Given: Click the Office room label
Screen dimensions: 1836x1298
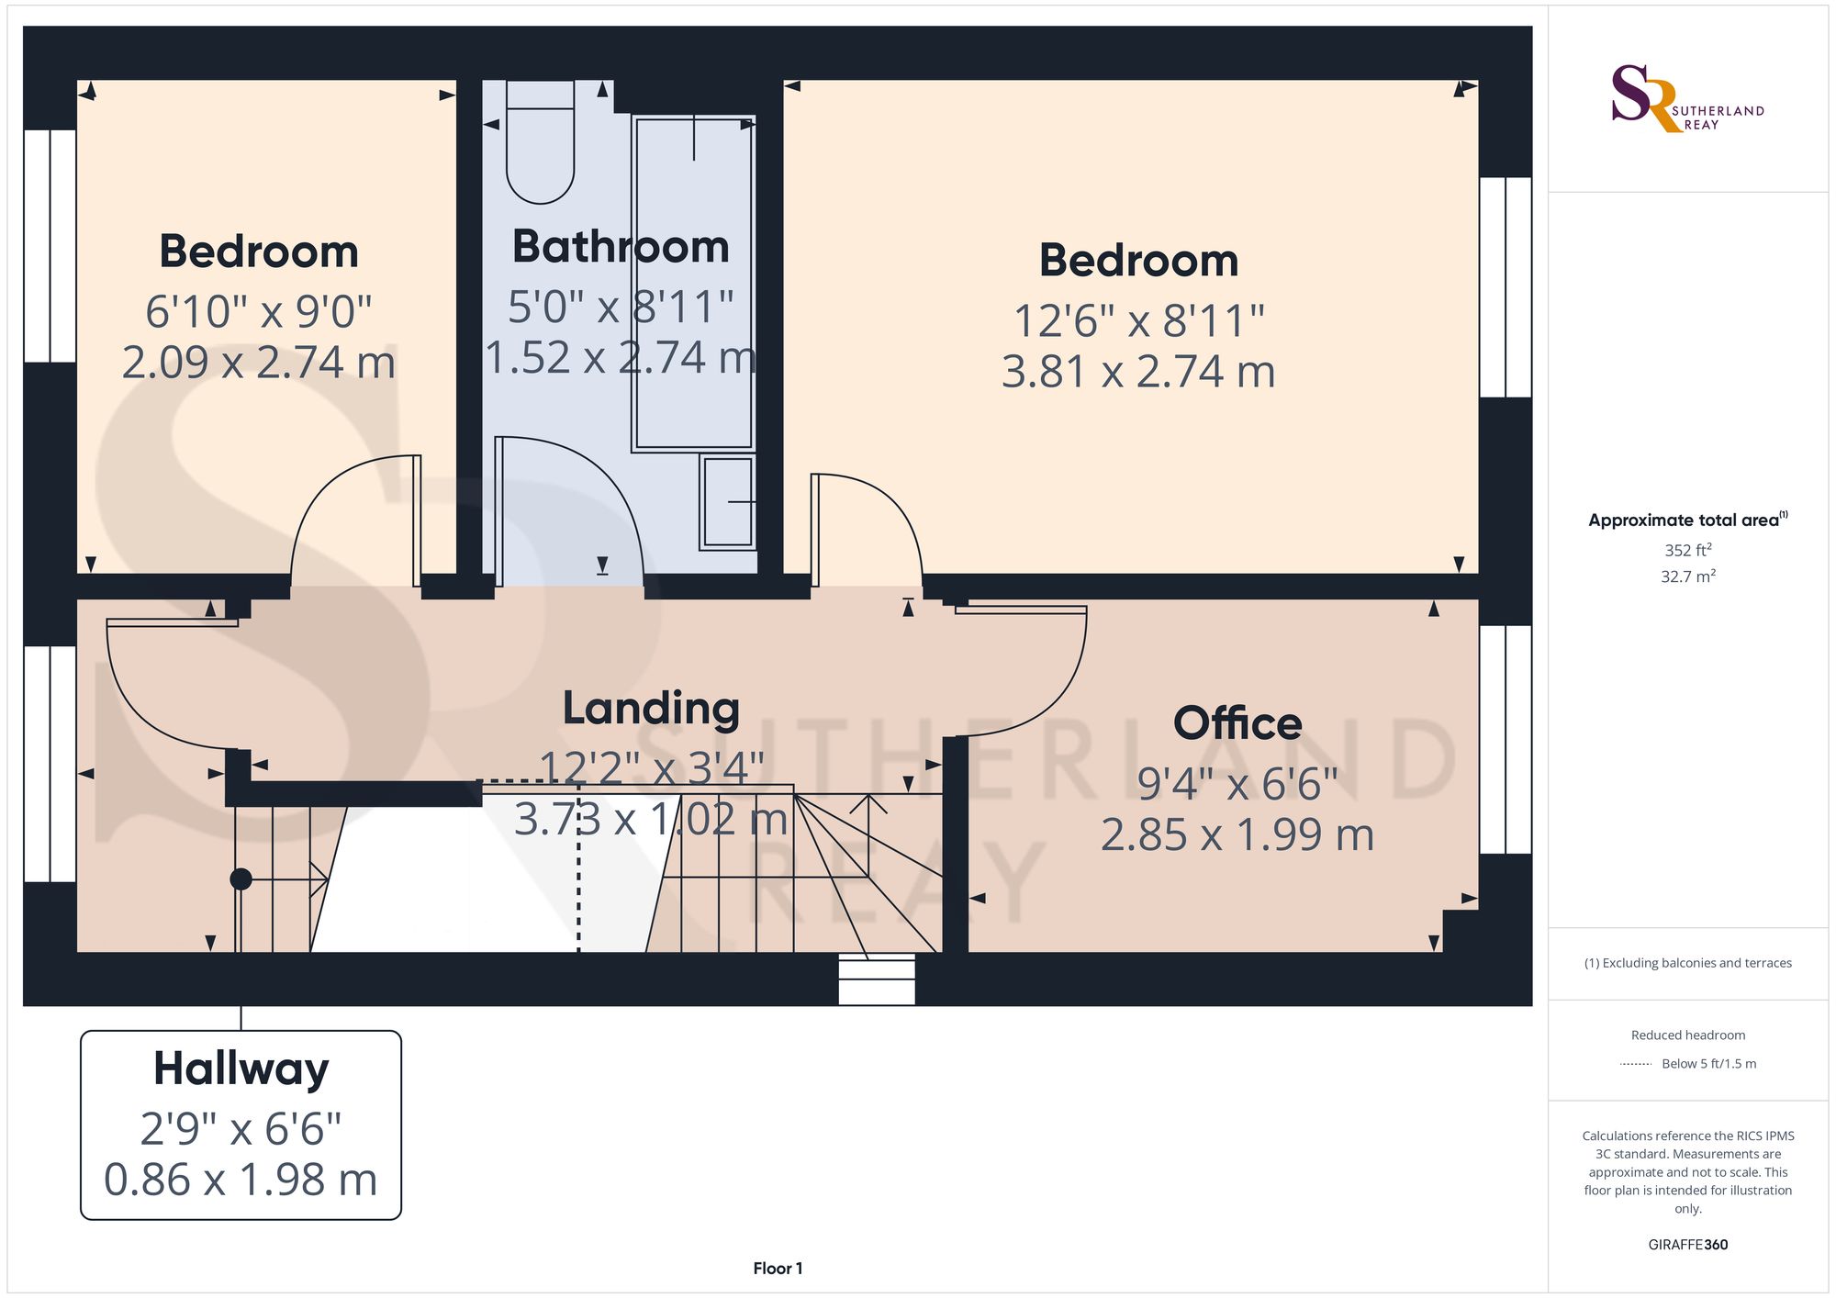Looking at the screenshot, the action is point(1237,723).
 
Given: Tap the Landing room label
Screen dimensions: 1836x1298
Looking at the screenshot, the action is point(651,708).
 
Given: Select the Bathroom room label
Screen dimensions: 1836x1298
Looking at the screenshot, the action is point(621,246).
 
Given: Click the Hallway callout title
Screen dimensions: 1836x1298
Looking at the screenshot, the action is point(241,1069).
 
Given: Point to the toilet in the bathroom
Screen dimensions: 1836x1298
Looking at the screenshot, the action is point(541,141).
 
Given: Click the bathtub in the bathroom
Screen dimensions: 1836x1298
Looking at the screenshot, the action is point(693,284).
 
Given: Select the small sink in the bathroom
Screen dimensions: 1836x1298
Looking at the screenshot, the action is point(727,502).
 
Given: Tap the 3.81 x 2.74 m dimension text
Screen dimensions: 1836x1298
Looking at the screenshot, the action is point(1138,372).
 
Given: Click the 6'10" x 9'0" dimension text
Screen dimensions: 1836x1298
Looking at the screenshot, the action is point(258,312).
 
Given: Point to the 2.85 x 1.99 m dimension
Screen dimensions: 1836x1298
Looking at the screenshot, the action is point(1237,835).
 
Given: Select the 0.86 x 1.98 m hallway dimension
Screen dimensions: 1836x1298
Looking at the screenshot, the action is point(241,1180).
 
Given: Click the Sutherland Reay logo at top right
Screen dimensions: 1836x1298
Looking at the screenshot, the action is point(1687,98).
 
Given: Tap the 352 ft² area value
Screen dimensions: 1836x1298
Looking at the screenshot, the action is point(1688,550).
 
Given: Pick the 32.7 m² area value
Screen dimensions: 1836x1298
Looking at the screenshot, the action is point(1688,576).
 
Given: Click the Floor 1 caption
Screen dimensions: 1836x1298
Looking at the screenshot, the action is point(778,1269).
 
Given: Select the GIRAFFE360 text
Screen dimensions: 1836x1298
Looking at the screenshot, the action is point(1688,1245).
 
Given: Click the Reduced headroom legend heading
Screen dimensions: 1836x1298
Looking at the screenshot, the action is point(1688,1035).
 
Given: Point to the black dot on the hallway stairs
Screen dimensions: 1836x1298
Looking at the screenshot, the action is point(241,879).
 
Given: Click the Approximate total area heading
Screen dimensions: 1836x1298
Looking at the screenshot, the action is point(1688,520).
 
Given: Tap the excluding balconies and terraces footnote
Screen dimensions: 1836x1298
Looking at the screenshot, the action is point(1688,963).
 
